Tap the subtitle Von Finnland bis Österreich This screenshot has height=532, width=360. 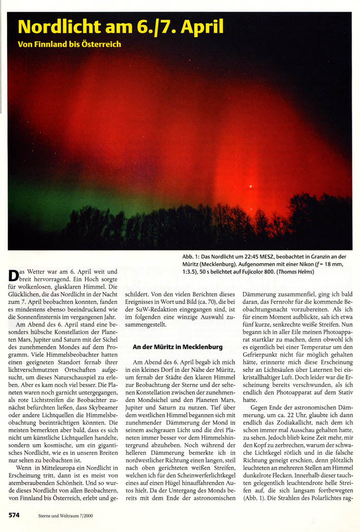click(69, 44)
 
